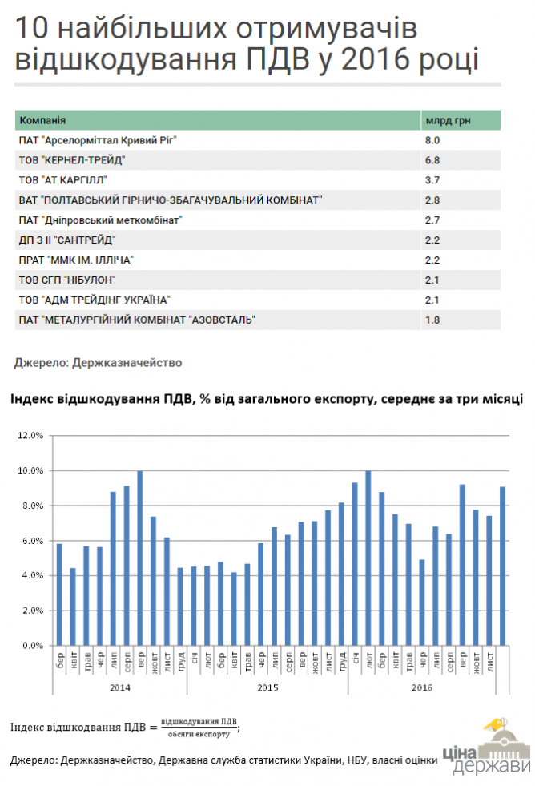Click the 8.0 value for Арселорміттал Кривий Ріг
[432, 139]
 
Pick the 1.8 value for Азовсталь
[432, 320]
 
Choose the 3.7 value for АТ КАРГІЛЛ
[432, 179]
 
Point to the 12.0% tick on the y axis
[30, 436]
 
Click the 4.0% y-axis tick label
[32, 575]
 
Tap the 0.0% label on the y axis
[32, 645]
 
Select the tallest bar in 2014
[140, 558]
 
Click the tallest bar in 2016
[368, 558]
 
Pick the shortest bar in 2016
[422, 602]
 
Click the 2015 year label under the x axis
[267, 687]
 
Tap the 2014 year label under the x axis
[119, 687]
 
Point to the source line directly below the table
[98, 362]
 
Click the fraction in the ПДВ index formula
[199, 727]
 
